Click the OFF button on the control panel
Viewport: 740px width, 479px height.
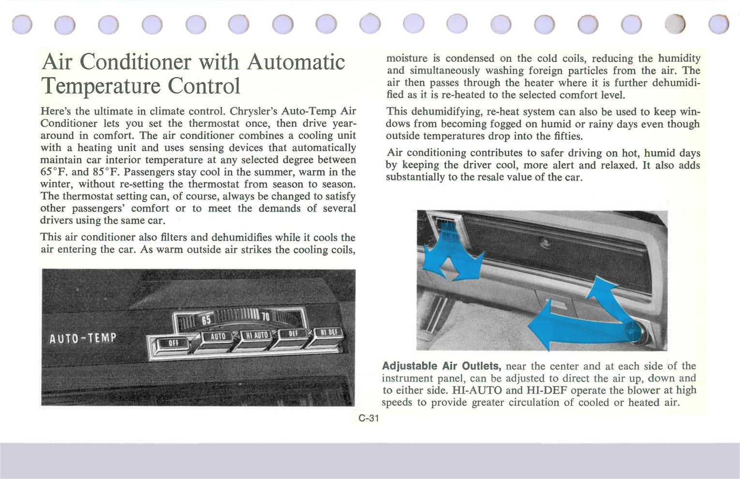point(173,344)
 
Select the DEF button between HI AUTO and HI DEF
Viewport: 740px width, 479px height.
point(293,333)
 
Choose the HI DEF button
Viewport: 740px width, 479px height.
point(329,332)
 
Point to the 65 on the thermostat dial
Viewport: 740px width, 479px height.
point(206,320)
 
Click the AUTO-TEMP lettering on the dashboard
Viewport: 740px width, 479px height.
point(83,338)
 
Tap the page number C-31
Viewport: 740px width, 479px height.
point(369,419)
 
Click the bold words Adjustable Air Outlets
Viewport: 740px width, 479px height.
point(441,366)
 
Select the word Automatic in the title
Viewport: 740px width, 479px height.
point(296,61)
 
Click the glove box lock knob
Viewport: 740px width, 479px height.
point(545,241)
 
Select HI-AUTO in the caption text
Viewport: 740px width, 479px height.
point(476,390)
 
